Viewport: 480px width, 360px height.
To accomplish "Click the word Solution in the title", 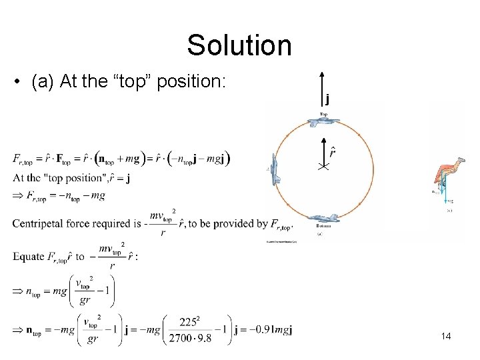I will [239, 45].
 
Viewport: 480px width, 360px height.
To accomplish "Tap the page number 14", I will [446, 336].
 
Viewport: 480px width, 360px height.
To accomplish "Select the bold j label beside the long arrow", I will [327, 101].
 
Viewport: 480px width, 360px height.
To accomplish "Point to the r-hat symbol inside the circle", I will [331, 153].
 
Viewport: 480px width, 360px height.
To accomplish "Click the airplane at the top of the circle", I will [323, 122].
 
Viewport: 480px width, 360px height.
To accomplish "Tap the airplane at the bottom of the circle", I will [323, 218].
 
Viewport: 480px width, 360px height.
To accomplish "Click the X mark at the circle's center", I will [323, 167].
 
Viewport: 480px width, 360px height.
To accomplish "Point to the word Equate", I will [28, 257].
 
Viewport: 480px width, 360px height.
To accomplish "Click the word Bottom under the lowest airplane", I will [323, 227].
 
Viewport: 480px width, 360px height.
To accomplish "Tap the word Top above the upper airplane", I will [323, 114].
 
